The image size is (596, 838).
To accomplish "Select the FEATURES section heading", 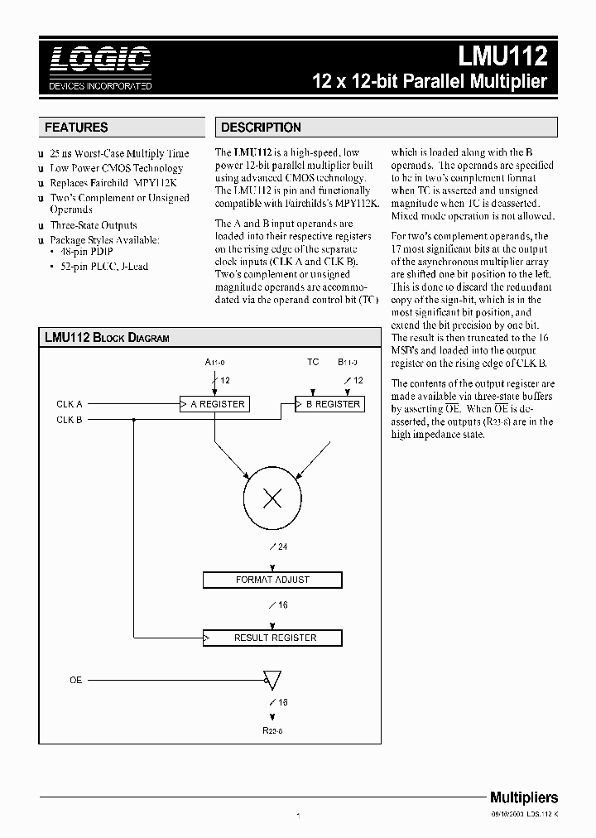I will pyautogui.click(x=76, y=128).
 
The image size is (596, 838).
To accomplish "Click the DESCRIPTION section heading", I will pyautogui.click(x=261, y=128).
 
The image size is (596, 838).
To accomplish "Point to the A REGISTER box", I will pyautogui.click(x=214, y=404).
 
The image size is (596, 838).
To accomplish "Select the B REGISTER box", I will pyautogui.click(x=330, y=404).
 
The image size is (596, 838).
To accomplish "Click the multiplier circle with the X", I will pyautogui.click(x=272, y=498).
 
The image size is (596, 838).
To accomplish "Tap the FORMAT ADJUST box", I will pyautogui.click(x=272, y=580).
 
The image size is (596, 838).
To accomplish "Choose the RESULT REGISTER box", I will pyautogui.click(x=272, y=638).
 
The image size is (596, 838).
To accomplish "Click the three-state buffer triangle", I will pyautogui.click(x=272, y=681).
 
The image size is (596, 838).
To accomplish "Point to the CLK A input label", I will pyautogui.click(x=70, y=404).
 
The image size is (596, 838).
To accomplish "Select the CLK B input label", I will pyautogui.click(x=70, y=420).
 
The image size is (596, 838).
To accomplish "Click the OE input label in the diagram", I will pyautogui.click(x=75, y=680).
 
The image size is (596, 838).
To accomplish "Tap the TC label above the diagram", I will pyautogui.click(x=313, y=362).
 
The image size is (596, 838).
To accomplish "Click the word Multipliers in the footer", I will pyautogui.click(x=524, y=797).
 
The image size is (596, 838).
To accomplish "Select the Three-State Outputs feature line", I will pyautogui.click(x=94, y=225).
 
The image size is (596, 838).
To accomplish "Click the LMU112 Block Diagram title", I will pyautogui.click(x=107, y=338).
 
